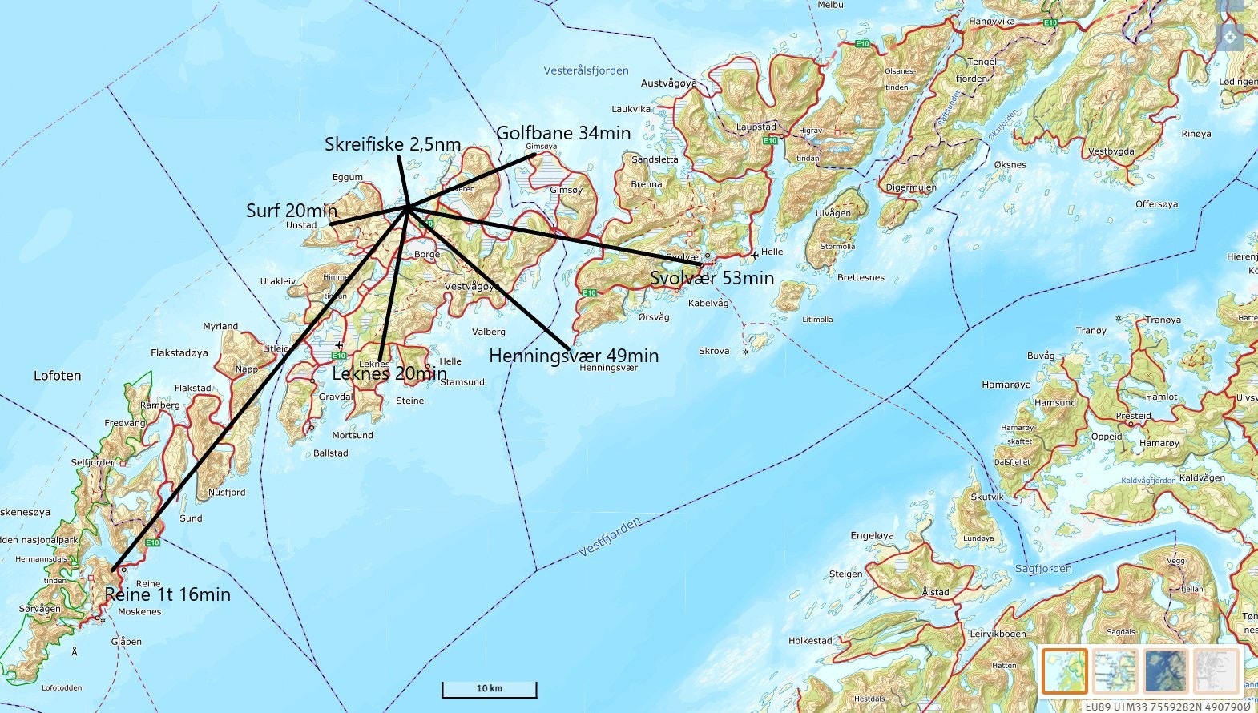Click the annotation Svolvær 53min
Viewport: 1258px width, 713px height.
coord(712,278)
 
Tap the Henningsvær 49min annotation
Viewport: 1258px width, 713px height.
coord(574,356)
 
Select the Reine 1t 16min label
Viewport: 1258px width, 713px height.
coord(167,594)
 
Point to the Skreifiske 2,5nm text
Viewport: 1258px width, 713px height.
coord(393,144)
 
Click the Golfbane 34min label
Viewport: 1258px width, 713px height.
coord(563,133)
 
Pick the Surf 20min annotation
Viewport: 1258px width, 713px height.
coord(291,211)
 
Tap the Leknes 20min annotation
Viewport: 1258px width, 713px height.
coord(389,373)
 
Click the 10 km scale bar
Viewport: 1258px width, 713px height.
coord(489,689)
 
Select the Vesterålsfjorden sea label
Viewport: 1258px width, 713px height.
coord(586,70)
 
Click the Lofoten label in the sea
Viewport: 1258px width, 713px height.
coord(57,375)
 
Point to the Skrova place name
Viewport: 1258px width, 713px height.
coord(714,351)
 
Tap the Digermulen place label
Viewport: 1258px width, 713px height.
coord(911,187)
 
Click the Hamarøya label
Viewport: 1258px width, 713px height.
coord(1006,385)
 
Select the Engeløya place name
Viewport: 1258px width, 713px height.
coord(872,535)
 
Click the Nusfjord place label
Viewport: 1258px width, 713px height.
coord(227,493)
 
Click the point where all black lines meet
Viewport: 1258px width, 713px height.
coord(409,208)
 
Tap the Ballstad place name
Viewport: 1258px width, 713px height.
coord(331,453)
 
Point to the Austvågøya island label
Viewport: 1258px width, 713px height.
coord(668,83)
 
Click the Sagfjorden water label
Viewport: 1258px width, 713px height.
coord(1043,568)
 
